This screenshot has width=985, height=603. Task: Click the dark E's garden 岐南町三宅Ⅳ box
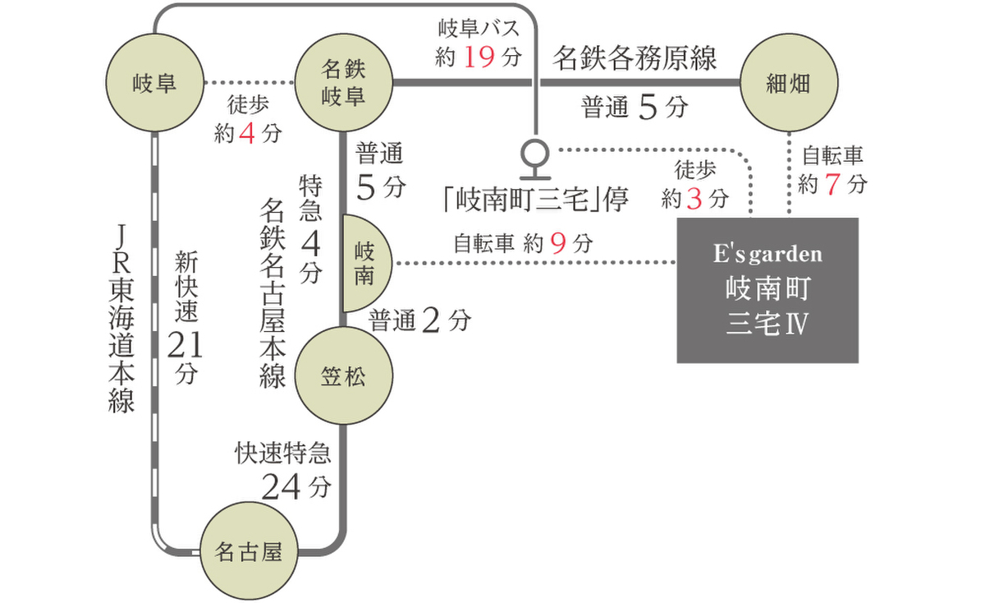pos(767,290)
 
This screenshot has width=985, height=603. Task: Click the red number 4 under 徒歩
pos(247,133)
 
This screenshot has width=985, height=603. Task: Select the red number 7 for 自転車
pos(832,184)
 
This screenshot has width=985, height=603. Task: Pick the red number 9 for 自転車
pos(560,243)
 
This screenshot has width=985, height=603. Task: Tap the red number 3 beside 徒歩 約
pos(694,198)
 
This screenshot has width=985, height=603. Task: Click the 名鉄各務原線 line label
pos(635,58)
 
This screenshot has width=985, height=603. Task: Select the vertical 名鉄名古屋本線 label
pos(273,292)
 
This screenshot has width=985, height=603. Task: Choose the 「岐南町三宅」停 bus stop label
pos(534,200)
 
